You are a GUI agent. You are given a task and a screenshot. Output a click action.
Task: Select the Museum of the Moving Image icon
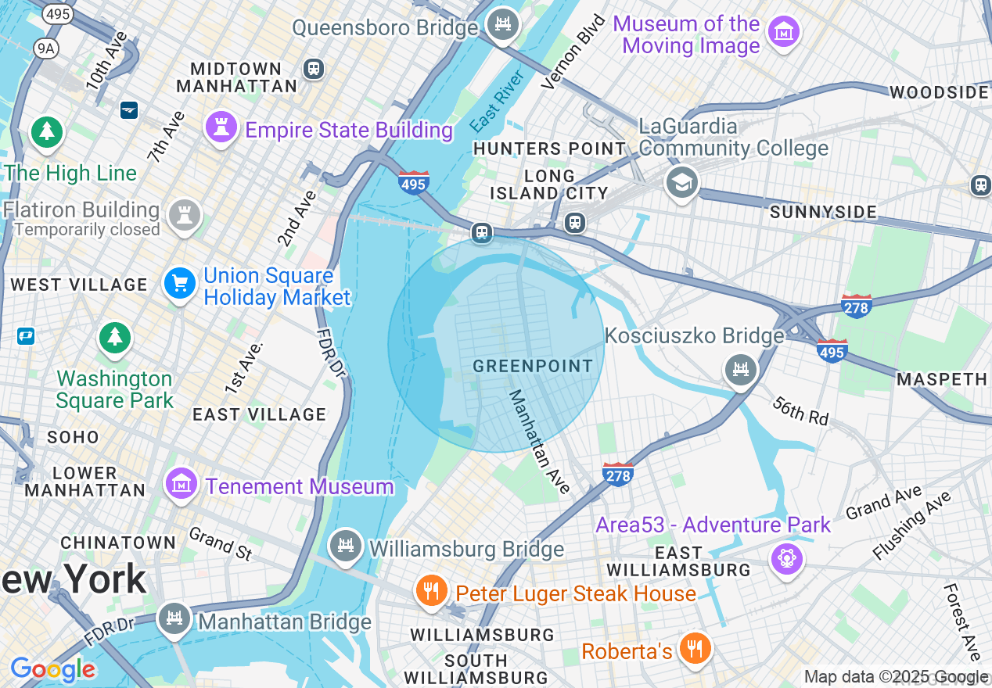[x=783, y=33]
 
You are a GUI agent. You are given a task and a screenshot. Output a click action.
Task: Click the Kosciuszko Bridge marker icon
[x=741, y=369]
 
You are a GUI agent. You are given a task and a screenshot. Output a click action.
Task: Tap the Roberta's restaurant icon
[x=693, y=648]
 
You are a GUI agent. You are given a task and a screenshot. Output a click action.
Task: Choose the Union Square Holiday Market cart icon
[x=180, y=283]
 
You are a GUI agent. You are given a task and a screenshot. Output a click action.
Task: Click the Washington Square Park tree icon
[x=115, y=338]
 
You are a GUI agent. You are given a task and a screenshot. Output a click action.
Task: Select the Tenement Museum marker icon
[x=182, y=483]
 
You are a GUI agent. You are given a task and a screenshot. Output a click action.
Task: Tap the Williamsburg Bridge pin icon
[x=345, y=546]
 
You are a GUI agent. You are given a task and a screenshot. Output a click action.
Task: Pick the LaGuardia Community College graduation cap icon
[x=681, y=182]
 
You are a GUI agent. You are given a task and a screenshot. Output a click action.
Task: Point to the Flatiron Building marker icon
[x=184, y=216]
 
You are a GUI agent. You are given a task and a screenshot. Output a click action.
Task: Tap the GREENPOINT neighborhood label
[x=533, y=366]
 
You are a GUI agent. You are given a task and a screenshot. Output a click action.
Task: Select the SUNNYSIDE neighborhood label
[x=823, y=212]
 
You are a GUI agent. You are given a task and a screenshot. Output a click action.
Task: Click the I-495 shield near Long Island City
[x=413, y=183]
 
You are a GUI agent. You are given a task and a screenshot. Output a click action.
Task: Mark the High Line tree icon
[x=47, y=131]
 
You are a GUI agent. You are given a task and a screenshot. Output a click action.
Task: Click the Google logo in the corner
[x=53, y=669]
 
